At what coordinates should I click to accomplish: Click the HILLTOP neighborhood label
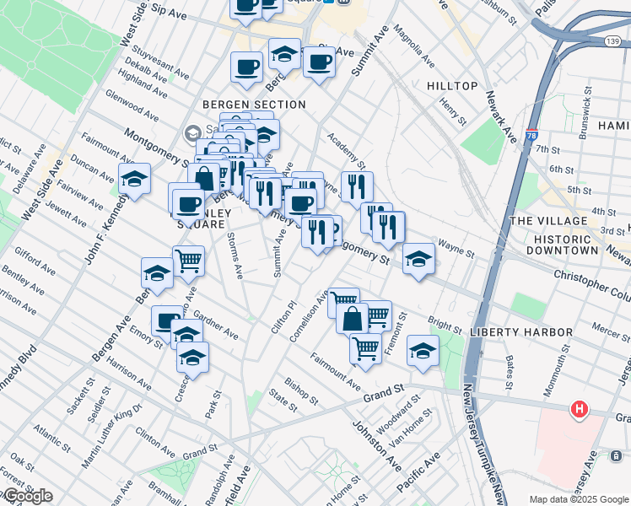452,86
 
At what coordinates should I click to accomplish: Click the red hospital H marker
580,411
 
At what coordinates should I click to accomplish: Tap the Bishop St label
301,389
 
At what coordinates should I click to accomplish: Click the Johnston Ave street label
376,446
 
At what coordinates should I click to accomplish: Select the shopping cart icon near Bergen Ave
188,261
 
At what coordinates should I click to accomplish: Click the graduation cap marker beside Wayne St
418,258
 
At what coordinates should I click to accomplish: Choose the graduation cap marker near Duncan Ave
134,178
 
